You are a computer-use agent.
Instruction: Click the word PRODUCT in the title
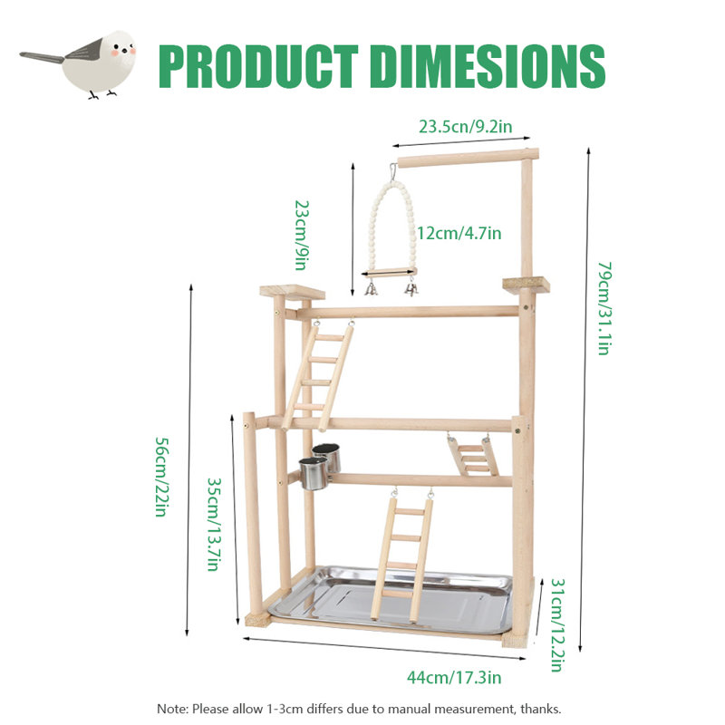pos(258,66)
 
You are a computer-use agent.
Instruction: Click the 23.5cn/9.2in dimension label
pos(465,126)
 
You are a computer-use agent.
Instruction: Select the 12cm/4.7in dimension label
pos(459,233)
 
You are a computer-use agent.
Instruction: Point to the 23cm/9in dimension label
pos(302,235)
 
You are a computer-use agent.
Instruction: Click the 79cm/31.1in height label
pos(604,308)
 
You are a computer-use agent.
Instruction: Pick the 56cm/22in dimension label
pos(162,477)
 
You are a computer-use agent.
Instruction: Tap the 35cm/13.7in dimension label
pos(214,525)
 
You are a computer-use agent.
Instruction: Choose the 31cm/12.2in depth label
pos(557,624)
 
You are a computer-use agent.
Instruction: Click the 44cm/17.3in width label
pos(454,677)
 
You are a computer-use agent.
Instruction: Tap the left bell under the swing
pos(371,289)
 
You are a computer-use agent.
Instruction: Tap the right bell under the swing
pos(411,289)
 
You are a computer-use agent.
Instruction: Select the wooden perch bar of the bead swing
pos(390,273)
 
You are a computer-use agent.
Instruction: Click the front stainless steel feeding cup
pos(313,473)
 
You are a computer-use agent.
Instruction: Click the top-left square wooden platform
pos(292,292)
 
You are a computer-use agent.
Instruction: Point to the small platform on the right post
pos(527,284)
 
